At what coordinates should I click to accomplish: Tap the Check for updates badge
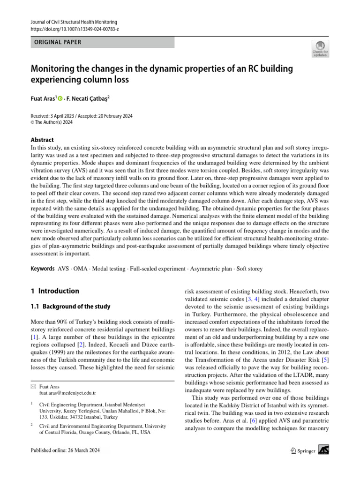[x=320, y=49]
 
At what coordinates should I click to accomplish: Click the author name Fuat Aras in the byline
[x=43, y=99]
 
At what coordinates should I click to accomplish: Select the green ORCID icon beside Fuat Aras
[x=60, y=99]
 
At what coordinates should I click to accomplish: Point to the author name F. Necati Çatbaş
[x=89, y=99]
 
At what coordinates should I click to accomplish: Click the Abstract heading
[x=42, y=140]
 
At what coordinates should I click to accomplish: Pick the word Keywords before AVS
[x=42, y=269]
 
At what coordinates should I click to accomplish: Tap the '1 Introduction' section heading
[x=55, y=291]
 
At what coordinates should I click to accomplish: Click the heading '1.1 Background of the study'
[x=70, y=307]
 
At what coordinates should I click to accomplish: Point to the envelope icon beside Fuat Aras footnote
[x=33, y=387]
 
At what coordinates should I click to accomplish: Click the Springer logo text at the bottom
[x=305, y=450]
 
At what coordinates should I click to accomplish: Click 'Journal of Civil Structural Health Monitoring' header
[x=74, y=22]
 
